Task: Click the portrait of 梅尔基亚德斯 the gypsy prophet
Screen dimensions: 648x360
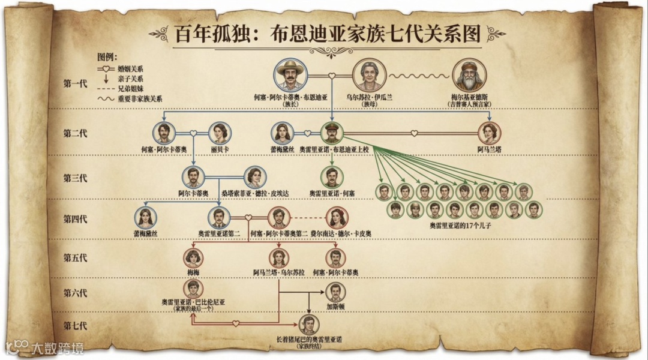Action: pos(470,76)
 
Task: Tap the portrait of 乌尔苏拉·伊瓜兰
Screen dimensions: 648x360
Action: pos(368,76)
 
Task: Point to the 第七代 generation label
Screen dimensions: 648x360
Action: pos(75,326)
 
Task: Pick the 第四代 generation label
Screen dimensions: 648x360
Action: pos(75,218)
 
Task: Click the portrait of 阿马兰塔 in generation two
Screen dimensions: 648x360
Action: pos(489,133)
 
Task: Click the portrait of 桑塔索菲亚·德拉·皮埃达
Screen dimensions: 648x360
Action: pos(254,177)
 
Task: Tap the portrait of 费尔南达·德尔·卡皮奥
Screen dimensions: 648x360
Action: pos(336,218)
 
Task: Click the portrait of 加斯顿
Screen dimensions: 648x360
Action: pos(336,292)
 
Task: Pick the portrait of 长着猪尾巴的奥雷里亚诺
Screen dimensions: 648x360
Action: pos(308,325)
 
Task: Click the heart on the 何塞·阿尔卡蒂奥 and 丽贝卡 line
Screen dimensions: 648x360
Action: pos(193,133)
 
